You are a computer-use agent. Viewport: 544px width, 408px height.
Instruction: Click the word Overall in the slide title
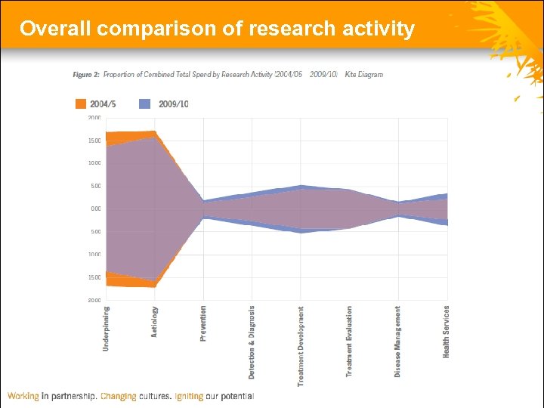pos(56,29)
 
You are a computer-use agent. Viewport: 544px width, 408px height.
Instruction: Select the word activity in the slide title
pos(376,29)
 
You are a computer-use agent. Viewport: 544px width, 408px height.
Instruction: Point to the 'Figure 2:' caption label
pos(86,75)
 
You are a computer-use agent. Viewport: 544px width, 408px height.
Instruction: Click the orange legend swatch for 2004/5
pos(81,104)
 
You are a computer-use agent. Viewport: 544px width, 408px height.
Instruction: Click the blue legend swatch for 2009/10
pos(145,104)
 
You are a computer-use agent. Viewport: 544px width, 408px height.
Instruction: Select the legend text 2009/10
pos(173,104)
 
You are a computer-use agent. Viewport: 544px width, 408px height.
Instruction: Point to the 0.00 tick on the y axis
pos(94,209)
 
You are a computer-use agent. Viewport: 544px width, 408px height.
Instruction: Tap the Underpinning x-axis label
pos(106,328)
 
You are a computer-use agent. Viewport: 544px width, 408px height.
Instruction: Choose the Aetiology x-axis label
pos(155,321)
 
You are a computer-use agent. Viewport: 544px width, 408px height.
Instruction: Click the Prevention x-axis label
pos(203,323)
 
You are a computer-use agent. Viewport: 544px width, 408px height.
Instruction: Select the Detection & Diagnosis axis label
pos(252,342)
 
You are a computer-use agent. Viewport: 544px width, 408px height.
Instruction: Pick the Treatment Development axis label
pos(301,346)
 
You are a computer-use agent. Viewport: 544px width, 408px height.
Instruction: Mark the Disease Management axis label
pos(398,342)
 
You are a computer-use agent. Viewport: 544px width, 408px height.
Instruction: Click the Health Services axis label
pos(447,331)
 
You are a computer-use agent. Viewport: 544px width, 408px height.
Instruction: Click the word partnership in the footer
pos(73,396)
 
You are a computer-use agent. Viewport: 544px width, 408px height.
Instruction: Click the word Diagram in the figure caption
pos(369,75)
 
